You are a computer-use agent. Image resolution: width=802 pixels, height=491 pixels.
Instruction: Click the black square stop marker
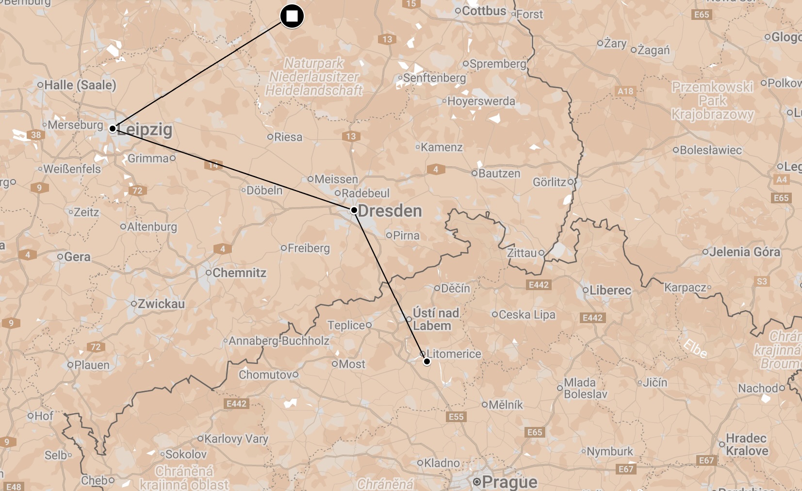[x=292, y=16]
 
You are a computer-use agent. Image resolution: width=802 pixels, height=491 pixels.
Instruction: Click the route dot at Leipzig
[x=113, y=129]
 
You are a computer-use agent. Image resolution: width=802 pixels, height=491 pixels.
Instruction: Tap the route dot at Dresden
[x=354, y=210]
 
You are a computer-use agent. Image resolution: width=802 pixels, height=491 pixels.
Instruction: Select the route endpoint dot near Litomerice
[x=427, y=361]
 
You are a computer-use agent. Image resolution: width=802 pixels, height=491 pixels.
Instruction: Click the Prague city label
[x=509, y=482]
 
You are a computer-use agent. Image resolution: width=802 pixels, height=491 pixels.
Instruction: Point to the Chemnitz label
[x=239, y=273]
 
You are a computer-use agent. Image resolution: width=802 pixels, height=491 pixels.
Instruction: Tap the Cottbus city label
[x=484, y=11]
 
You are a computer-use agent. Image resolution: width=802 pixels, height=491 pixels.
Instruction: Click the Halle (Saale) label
[x=80, y=85]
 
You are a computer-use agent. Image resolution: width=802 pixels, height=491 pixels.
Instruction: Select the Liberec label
[x=610, y=290]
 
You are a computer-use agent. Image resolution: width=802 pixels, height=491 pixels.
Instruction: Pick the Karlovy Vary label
[x=236, y=439]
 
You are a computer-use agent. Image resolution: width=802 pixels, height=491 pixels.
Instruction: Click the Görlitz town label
[x=549, y=182]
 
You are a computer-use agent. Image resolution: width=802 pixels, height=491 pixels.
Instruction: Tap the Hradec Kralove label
[x=747, y=444]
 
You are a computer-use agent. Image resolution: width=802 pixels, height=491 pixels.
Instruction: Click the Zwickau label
[x=161, y=304]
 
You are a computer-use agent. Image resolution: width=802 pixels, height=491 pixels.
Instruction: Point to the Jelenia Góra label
[x=745, y=252]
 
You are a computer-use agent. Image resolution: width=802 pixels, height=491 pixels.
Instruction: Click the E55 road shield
[x=456, y=416]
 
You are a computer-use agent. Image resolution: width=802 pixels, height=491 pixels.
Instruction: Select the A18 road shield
[x=625, y=91]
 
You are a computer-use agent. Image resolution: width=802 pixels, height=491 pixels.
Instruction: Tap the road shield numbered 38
[x=36, y=135]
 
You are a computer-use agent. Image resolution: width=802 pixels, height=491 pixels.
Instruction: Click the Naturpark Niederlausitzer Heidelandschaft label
[x=314, y=77]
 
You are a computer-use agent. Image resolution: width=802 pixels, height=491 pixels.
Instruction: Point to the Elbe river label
[x=695, y=348]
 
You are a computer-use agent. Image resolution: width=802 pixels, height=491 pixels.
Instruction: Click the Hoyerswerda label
[x=481, y=101]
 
